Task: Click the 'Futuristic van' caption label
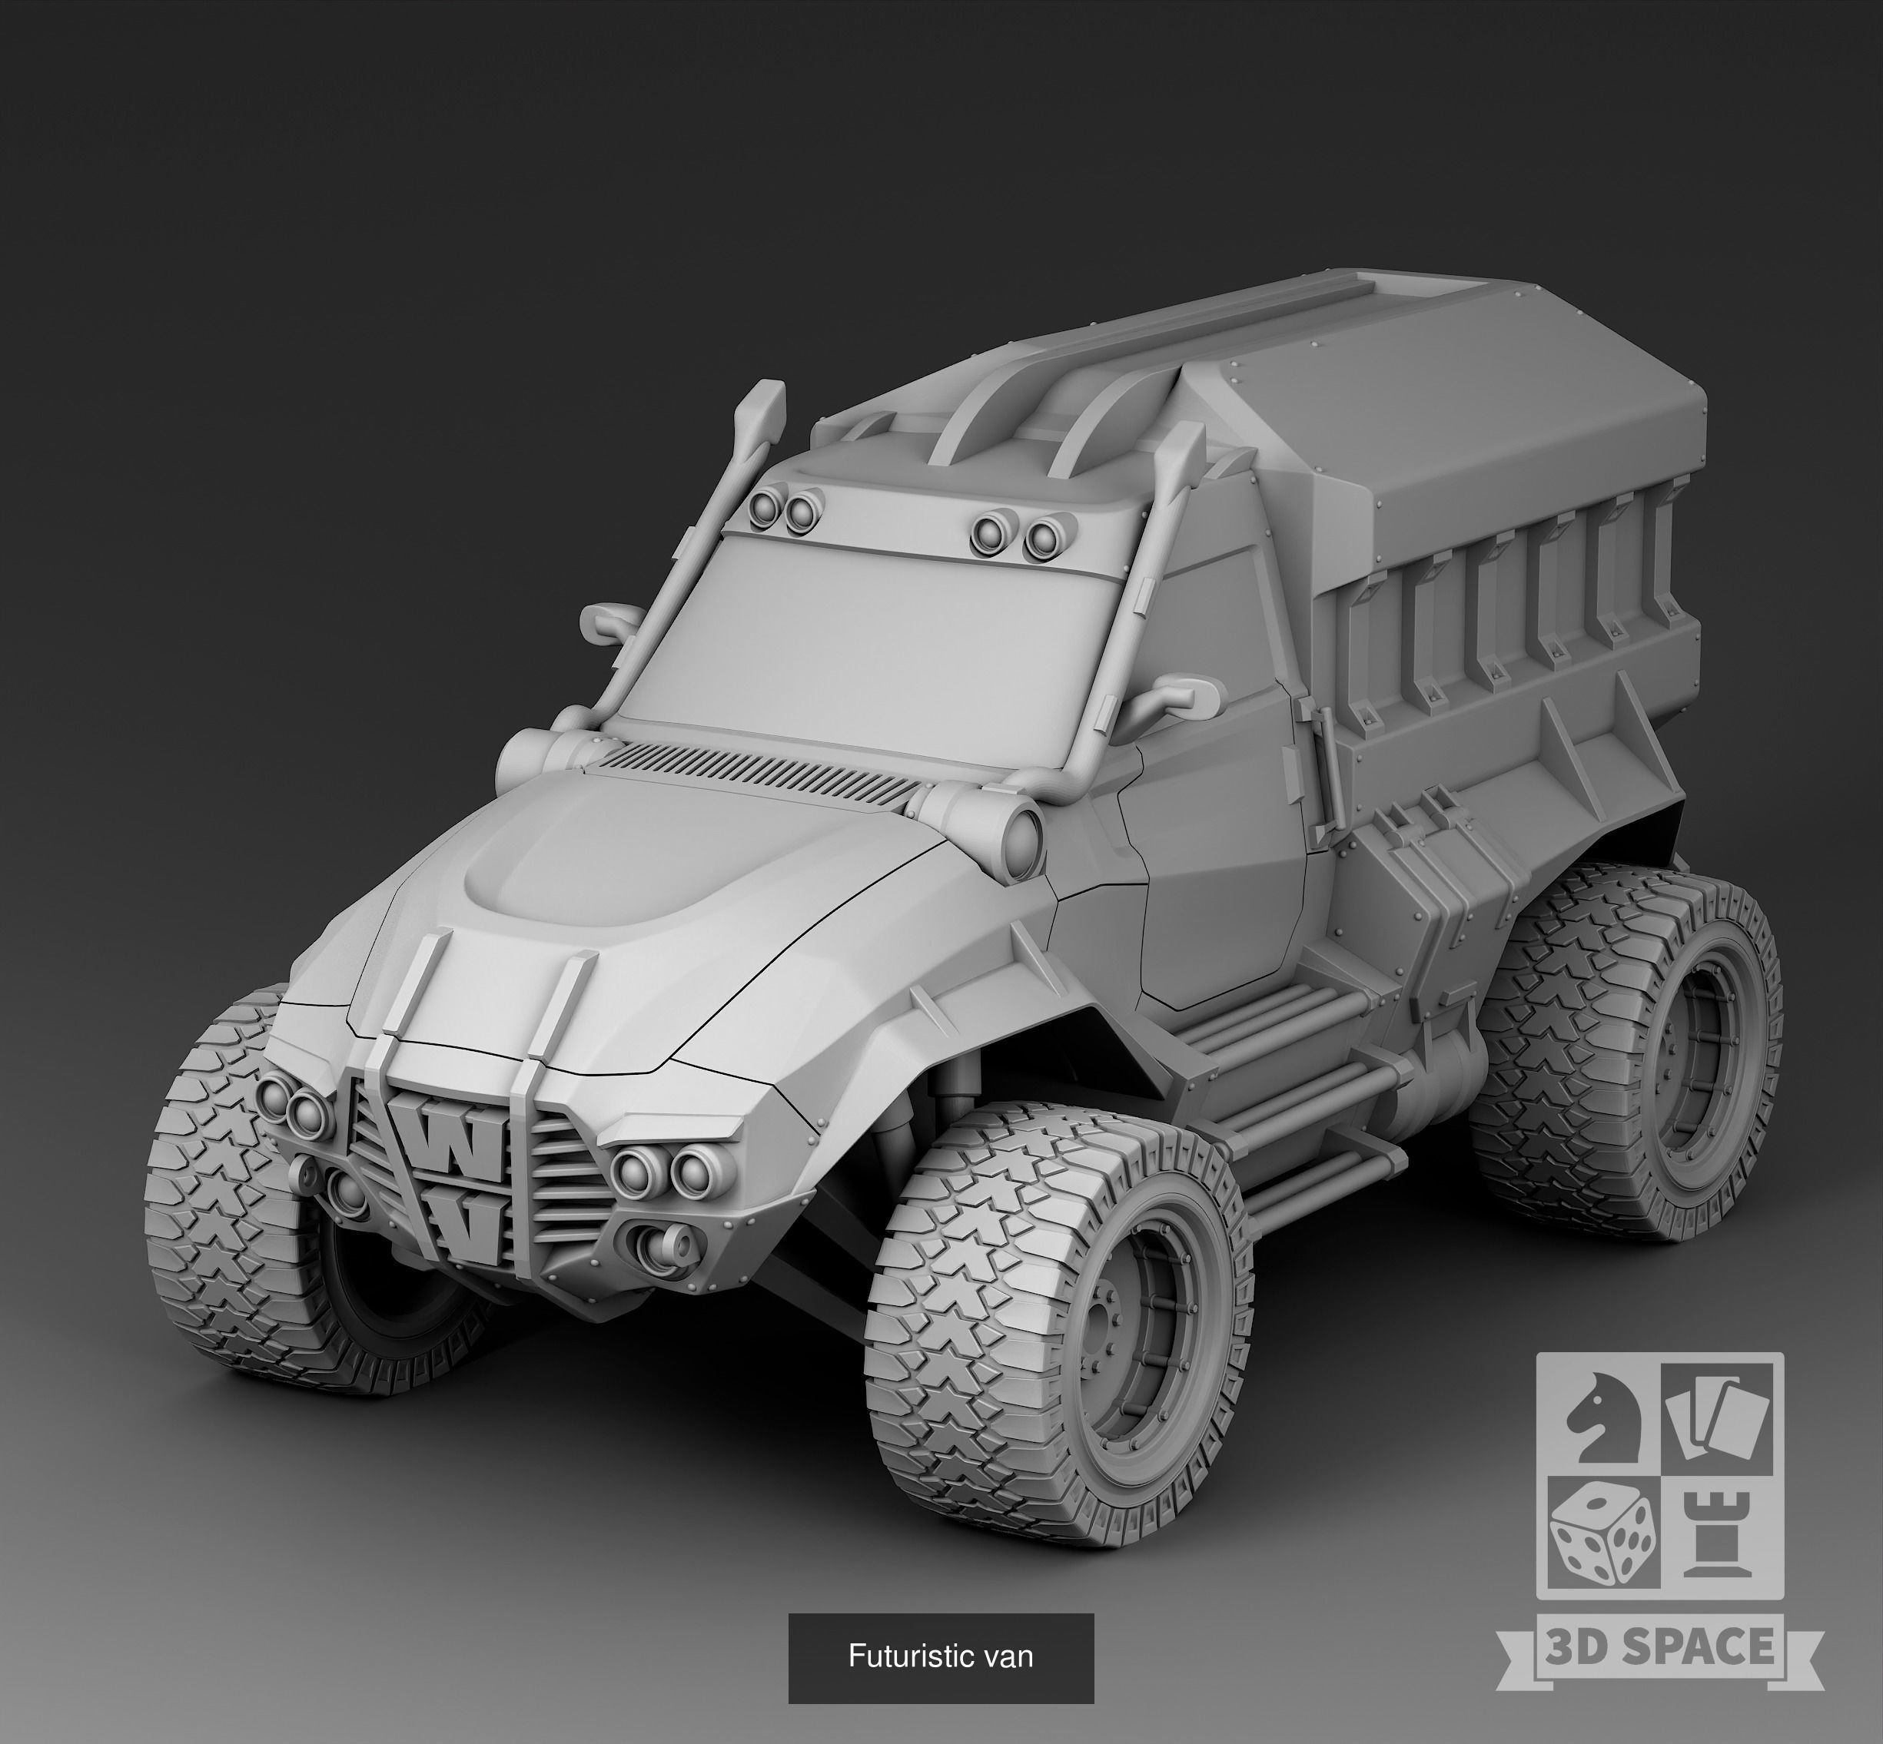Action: (x=940, y=1656)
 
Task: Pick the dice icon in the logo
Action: (x=1599, y=1536)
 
